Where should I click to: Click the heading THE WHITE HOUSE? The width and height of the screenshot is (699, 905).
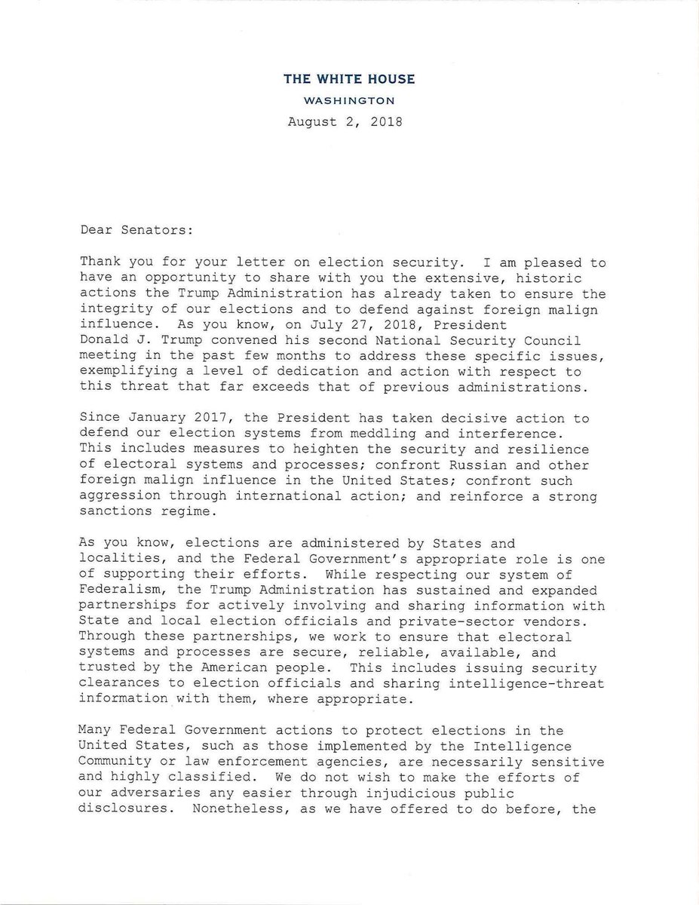pos(349,79)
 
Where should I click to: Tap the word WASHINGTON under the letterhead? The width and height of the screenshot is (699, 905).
pos(349,100)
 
